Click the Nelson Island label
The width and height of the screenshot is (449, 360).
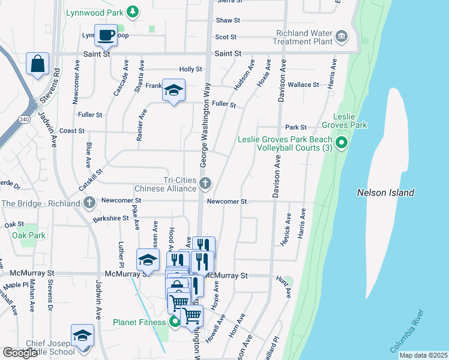pyautogui.click(x=385, y=193)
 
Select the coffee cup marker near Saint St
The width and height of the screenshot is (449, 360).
pyautogui.click(x=106, y=35)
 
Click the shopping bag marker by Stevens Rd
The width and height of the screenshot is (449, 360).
pyautogui.click(x=37, y=64)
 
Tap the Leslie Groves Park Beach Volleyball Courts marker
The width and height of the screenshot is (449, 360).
pyautogui.click(x=342, y=143)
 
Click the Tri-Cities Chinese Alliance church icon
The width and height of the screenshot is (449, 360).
pyautogui.click(x=205, y=183)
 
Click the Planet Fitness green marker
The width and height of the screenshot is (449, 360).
pyautogui.click(x=175, y=322)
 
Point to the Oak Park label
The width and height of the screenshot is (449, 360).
pyautogui.click(x=29, y=235)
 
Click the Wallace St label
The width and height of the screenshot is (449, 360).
pyautogui.click(x=303, y=85)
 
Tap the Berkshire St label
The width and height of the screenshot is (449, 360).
pyautogui.click(x=110, y=218)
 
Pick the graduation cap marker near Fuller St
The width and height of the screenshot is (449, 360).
pyautogui.click(x=173, y=91)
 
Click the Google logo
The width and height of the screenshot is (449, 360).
pyautogui.click(x=20, y=353)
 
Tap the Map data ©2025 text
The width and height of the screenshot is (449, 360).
pyautogui.click(x=423, y=355)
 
